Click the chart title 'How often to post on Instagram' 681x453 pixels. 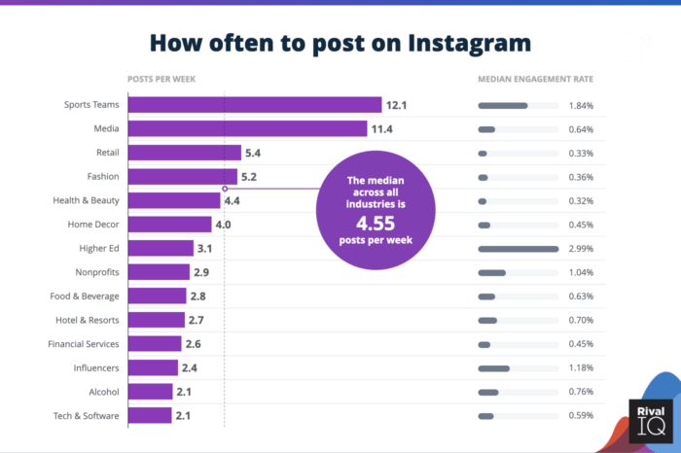tap(340, 43)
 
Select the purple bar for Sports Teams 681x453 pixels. tap(254, 105)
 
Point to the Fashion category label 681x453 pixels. tap(103, 176)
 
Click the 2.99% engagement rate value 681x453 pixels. tap(581, 248)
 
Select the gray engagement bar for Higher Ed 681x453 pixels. tap(518, 248)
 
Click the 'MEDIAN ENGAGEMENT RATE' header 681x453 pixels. tap(535, 79)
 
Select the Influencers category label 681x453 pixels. tap(96, 367)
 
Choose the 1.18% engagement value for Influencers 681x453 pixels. tap(581, 367)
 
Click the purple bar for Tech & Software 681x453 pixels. tap(150, 415)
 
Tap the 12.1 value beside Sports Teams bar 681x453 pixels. tap(397, 105)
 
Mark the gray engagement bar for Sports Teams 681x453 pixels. tap(503, 105)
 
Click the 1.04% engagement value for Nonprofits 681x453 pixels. tap(581, 272)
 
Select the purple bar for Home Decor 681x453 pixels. tap(169, 225)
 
